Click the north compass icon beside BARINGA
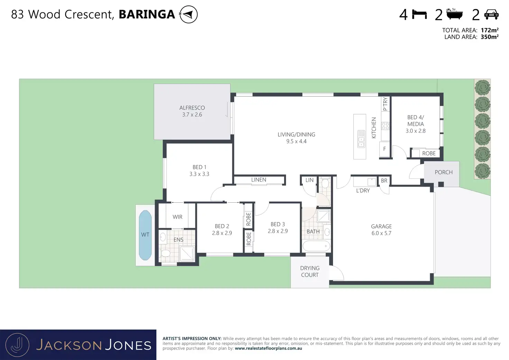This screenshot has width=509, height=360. tap(188, 14)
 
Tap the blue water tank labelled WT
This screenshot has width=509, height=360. tap(145, 235)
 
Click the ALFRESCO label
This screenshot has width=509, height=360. tap(192, 108)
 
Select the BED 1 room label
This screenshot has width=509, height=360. tap(199, 167)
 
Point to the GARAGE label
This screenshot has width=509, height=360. tap(381, 227)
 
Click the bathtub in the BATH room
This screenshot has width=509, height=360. tap(316, 246)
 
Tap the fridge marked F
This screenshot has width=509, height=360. tap(385, 149)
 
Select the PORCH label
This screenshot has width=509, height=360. tap(444, 172)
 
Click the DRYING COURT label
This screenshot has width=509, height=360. tap(310, 271)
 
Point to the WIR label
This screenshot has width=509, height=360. tap(177, 217)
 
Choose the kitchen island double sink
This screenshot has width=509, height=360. tap(361, 139)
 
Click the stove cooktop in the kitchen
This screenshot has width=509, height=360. tap(385, 126)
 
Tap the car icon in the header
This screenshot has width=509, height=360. tap(491, 15)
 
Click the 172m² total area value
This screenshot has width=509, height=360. tap(490, 30)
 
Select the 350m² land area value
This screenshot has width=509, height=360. tap(490, 37)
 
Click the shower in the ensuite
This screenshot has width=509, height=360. tap(187, 253)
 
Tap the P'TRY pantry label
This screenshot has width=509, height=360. tap(385, 104)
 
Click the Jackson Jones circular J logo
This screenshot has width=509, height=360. tap(17, 345)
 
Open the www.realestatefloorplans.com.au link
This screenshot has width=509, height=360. tap(268, 348)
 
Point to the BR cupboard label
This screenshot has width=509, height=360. tap(384, 181)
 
